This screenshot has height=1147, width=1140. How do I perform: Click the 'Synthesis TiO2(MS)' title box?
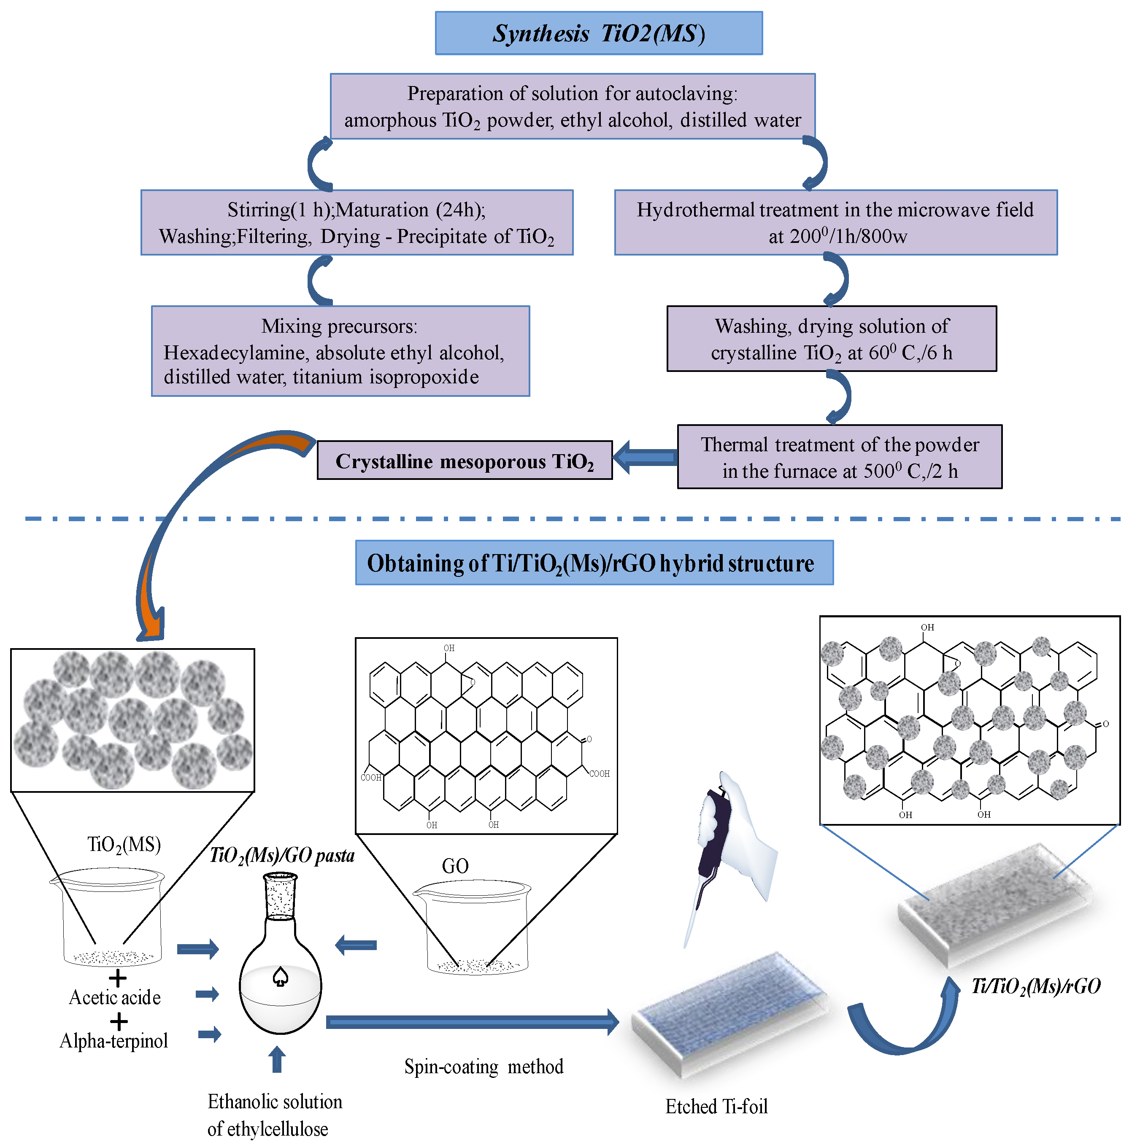[598, 33]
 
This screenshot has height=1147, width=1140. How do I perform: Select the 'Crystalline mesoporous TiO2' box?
[465, 460]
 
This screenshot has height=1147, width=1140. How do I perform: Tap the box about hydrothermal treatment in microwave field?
[835, 223]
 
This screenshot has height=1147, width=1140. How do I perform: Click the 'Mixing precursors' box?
[340, 351]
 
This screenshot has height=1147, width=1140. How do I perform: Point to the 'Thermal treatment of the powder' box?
[840, 457]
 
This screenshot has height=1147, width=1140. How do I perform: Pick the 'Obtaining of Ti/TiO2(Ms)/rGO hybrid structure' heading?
[594, 563]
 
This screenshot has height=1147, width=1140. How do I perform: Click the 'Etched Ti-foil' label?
[716, 1107]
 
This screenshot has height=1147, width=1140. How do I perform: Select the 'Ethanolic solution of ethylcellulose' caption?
[275, 1115]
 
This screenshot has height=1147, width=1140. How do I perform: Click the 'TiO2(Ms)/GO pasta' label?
[282, 856]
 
